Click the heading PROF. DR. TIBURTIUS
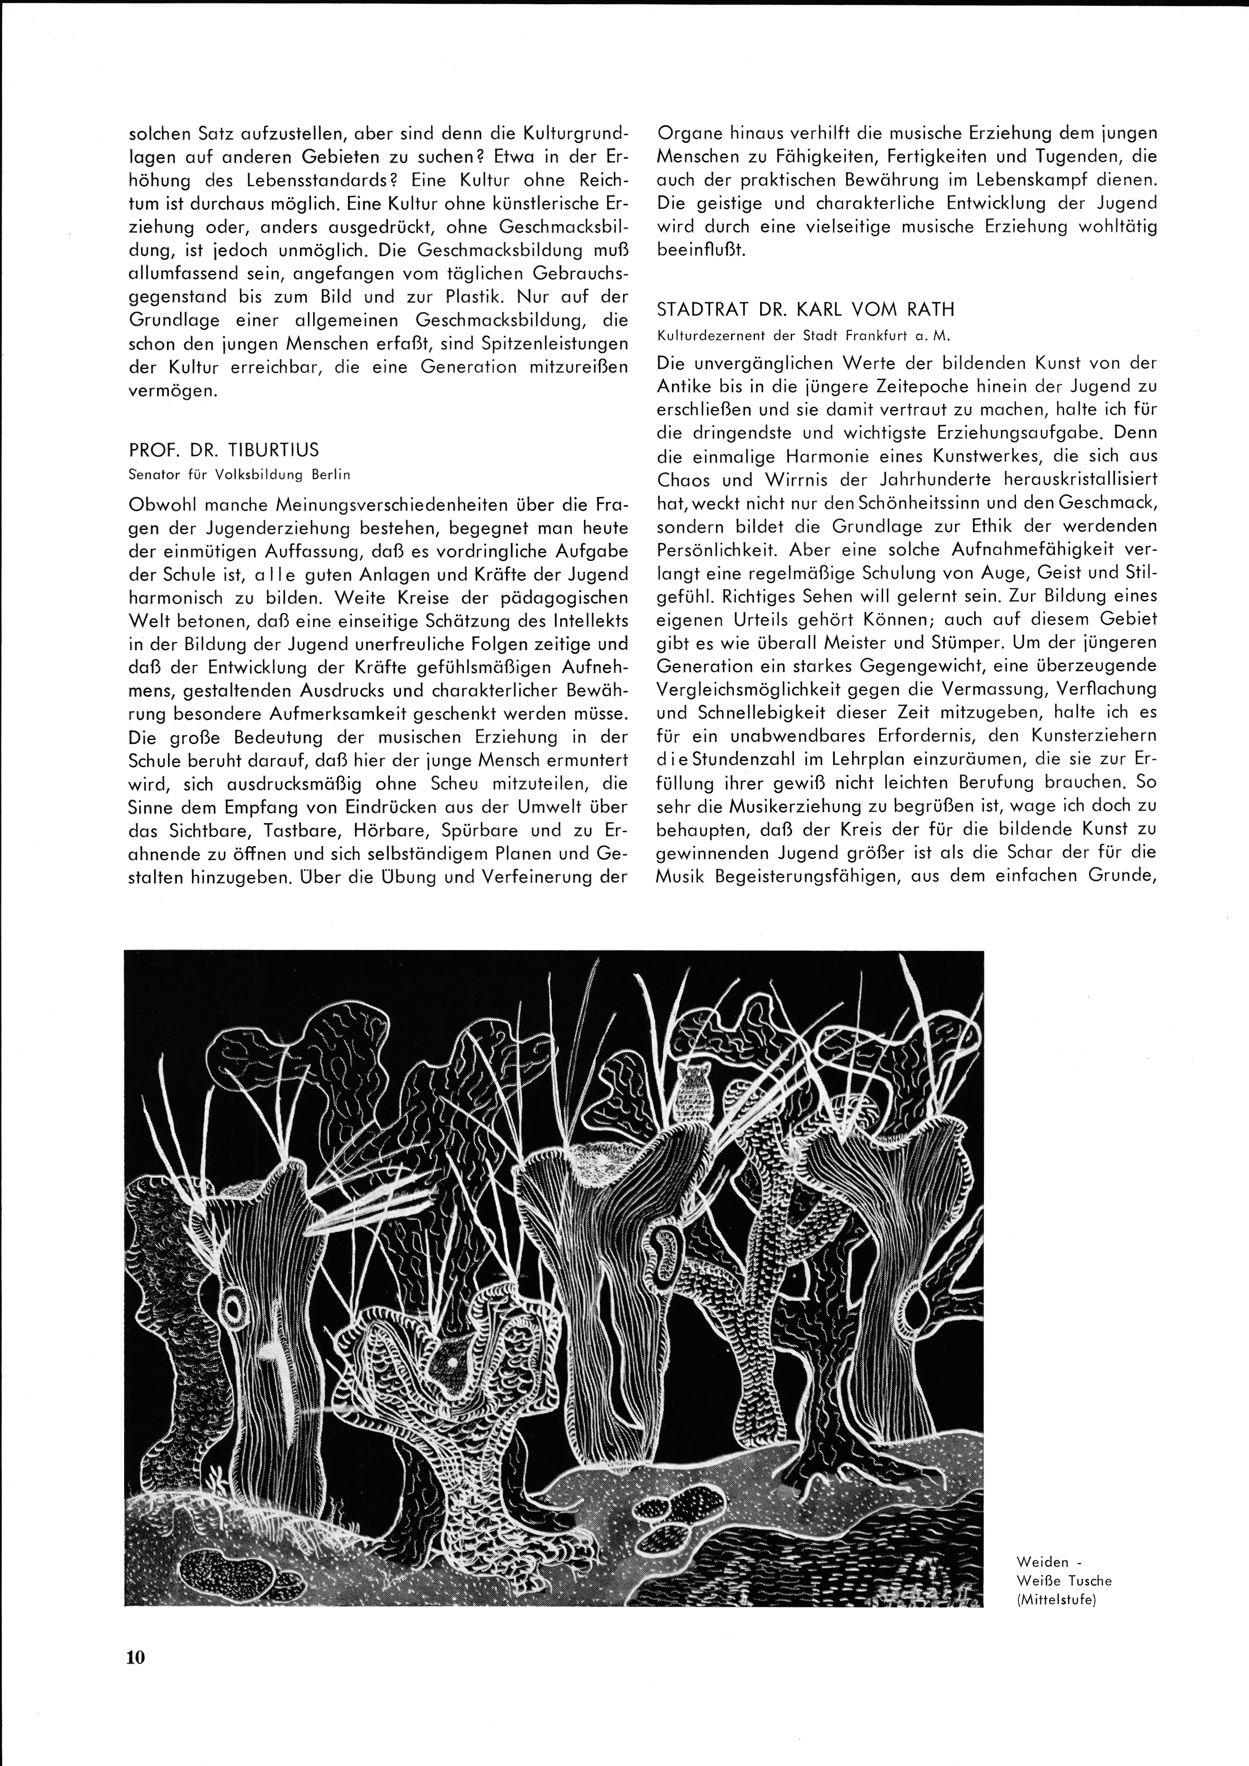click(223, 450)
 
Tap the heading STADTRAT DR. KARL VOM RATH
click(805, 310)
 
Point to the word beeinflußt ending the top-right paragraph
click(701, 250)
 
